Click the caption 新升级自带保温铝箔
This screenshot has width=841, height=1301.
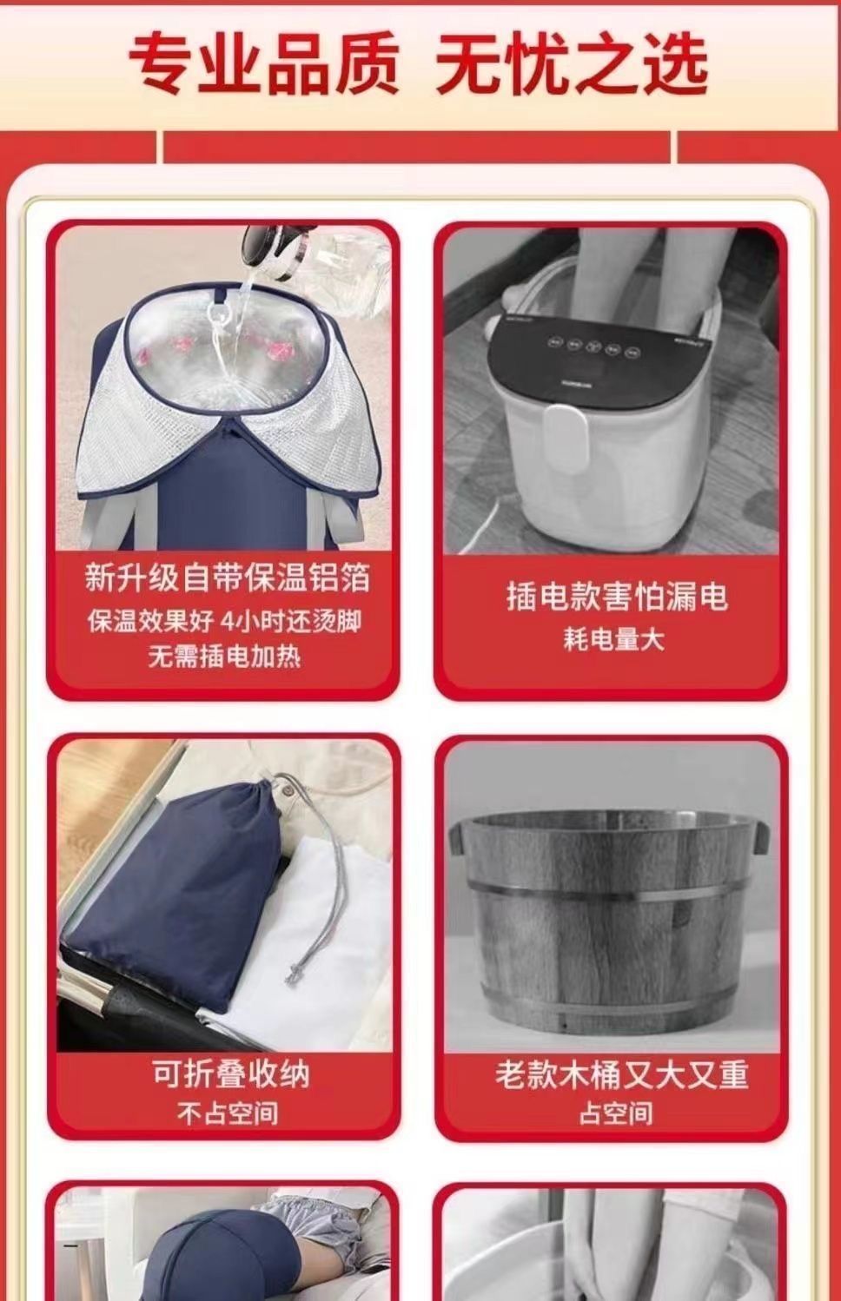click(x=227, y=578)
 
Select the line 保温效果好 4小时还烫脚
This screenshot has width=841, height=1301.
click(x=225, y=621)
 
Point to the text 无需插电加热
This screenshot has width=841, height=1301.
click(x=224, y=657)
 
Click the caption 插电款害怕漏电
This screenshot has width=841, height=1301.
click(x=617, y=597)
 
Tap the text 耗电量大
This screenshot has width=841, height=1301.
click(x=613, y=640)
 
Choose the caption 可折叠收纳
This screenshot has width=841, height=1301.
click(x=231, y=1073)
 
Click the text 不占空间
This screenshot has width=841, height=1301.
click(x=228, y=1113)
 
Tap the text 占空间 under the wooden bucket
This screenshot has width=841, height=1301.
click(x=616, y=1113)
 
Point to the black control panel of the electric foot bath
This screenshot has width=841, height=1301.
click(x=602, y=353)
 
